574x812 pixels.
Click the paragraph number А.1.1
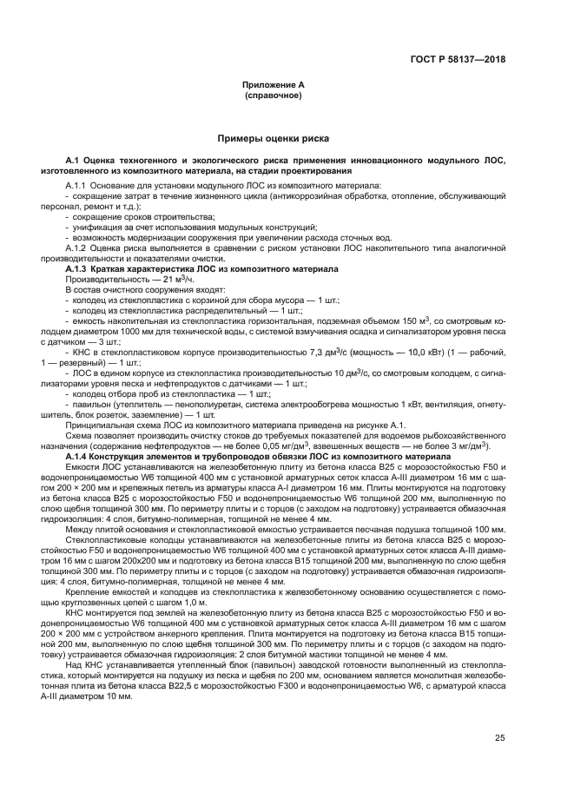[79, 187]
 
